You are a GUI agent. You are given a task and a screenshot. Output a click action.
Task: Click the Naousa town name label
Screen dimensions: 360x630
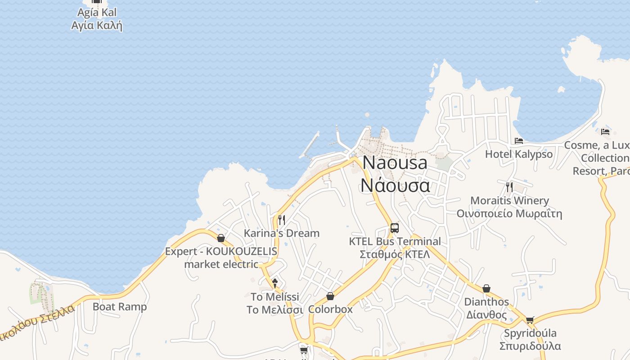point(395,162)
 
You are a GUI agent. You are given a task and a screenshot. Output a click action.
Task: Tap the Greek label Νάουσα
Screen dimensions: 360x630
point(395,185)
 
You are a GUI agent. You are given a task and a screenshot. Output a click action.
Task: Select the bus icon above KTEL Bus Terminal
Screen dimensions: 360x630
point(395,228)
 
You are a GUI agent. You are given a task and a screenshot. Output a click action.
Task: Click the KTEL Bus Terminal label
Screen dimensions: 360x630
point(395,241)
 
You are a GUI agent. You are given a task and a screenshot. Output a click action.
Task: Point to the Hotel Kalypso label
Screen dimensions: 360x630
point(519,154)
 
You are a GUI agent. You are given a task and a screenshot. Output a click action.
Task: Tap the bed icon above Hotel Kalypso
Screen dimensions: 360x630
point(519,141)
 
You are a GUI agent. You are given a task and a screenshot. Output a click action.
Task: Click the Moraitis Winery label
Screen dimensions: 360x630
point(509,200)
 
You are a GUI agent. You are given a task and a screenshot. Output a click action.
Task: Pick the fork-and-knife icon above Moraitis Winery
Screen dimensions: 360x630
point(509,187)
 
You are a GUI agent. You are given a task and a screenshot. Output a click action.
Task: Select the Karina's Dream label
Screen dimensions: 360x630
point(282,233)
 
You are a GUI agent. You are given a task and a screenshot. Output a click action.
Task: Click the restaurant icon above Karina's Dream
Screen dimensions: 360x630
point(282,220)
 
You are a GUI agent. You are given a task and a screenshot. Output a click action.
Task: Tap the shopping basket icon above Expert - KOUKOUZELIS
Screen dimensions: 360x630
point(221,238)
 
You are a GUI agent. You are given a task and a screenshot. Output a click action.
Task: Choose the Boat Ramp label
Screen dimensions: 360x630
point(120,307)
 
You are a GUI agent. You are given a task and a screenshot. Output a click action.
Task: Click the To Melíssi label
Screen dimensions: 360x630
point(275,297)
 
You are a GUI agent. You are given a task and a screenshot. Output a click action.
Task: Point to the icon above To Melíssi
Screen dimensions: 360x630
point(275,283)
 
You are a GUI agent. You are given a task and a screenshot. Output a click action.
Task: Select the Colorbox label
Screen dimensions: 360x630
point(330,310)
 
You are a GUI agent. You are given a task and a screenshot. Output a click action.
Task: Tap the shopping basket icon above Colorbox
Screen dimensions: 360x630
point(330,296)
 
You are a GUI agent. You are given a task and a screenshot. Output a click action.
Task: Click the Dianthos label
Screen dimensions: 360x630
point(486,301)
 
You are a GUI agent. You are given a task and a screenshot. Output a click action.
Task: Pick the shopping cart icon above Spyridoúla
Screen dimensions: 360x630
point(530,320)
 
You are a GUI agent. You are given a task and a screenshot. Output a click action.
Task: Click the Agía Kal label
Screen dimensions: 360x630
point(97,12)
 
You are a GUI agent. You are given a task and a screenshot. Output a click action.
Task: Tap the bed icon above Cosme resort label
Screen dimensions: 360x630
point(605,132)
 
